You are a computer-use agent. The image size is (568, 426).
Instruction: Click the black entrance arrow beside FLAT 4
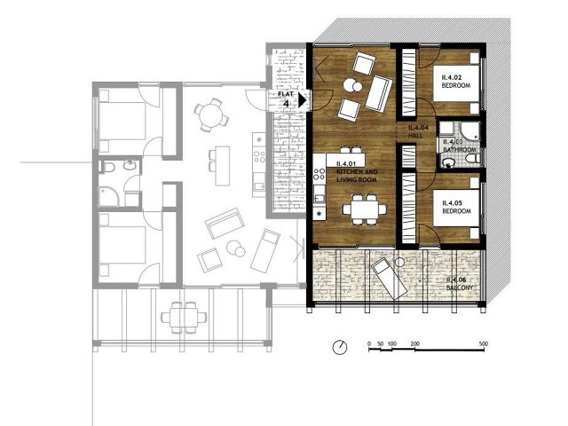click(x=303, y=101)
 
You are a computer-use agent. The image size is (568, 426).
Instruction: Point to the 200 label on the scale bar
click(x=414, y=342)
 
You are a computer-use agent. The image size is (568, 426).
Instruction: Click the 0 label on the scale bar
click(x=368, y=342)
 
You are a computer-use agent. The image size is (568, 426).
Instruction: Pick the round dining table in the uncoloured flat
click(x=210, y=114)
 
